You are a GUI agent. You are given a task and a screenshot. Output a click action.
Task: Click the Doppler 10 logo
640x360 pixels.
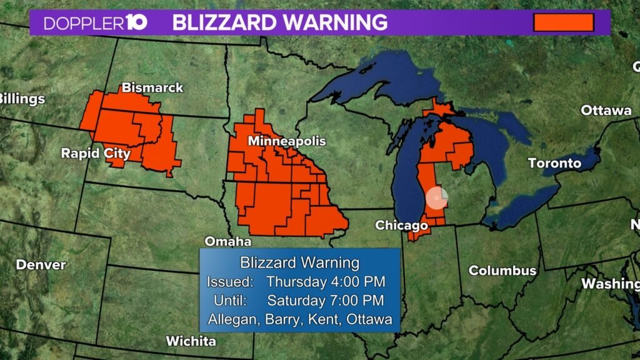[96, 23]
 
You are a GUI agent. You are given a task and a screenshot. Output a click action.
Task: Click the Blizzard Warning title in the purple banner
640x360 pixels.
[279, 23]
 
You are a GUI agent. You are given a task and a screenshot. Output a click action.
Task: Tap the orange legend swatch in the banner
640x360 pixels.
[562, 22]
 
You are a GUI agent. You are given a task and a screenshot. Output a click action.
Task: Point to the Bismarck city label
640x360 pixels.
[152, 87]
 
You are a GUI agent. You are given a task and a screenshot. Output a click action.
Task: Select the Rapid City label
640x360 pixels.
[96, 153]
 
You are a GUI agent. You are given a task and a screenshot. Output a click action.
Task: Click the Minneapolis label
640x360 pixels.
[287, 141]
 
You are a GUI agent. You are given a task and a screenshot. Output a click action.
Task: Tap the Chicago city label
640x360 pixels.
[397, 225]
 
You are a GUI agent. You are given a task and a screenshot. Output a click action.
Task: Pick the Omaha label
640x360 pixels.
[228, 241]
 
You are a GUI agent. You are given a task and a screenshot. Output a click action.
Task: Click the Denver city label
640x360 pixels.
[41, 265]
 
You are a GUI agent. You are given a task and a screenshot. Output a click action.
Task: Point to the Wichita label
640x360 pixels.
[191, 341]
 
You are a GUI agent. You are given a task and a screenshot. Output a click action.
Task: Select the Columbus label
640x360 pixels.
[502, 271]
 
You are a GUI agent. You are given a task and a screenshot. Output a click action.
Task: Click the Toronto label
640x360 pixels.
[554, 164]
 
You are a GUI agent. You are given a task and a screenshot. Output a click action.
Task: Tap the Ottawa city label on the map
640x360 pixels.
[606, 111]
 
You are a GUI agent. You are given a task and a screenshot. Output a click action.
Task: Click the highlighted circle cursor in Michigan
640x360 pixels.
[436, 197]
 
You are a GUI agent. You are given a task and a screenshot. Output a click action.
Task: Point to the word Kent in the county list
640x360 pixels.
[334, 320]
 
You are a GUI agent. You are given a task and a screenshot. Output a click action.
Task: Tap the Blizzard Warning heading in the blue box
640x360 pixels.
[299, 262]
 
